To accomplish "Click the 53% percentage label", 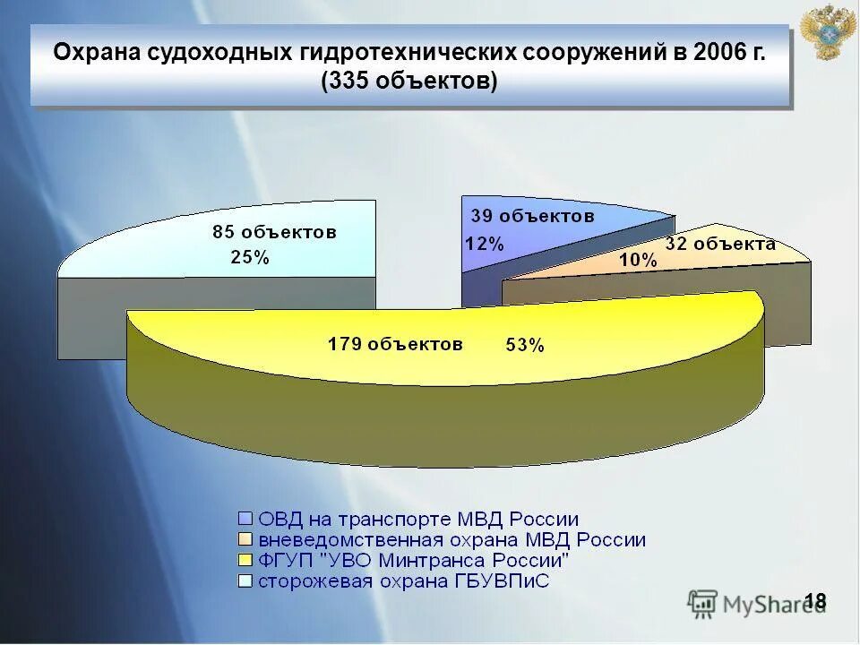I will [x=524, y=346].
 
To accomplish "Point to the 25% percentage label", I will [x=249, y=258].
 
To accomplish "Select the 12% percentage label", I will [x=484, y=243].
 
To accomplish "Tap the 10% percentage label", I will [x=638, y=261].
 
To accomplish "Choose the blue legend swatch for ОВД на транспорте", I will [x=245, y=519].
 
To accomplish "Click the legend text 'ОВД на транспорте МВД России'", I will [x=418, y=519].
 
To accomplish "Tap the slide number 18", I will [x=815, y=600].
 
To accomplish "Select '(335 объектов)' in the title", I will [x=409, y=81].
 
